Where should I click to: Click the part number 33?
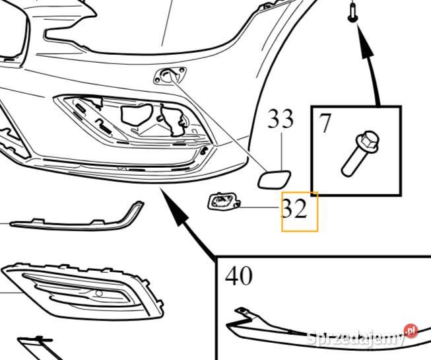tap(281, 119)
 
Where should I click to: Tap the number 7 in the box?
tap(324, 124)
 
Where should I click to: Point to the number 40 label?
tap(238, 275)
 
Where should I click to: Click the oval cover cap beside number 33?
tap(271, 178)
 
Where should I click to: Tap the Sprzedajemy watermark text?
tap(356, 338)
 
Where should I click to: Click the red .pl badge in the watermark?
tap(411, 330)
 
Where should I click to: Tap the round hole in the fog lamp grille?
tap(98, 293)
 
